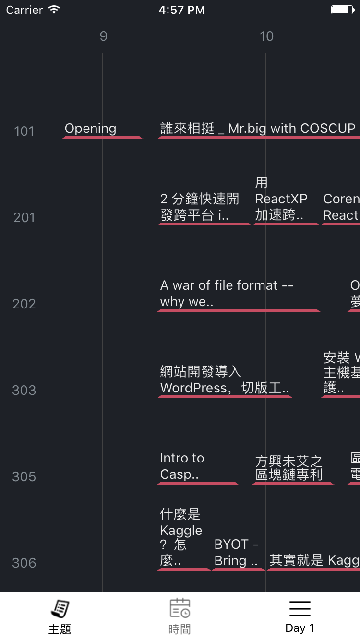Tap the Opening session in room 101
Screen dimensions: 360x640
[x=91, y=129]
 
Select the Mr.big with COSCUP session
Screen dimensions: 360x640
[x=258, y=129]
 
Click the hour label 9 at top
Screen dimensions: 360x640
[x=103, y=36]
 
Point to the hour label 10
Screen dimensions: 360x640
[x=266, y=36]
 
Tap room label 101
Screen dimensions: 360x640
[x=24, y=131]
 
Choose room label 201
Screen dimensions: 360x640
[x=24, y=217]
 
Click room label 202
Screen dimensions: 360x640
[x=24, y=304]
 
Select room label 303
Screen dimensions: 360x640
[x=24, y=390]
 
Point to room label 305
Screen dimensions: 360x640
[x=24, y=476]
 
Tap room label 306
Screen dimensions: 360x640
[x=24, y=563]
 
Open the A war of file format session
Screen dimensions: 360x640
[x=227, y=293]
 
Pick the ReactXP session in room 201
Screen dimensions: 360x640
[x=281, y=199]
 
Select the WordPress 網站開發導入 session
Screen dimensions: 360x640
[x=225, y=379]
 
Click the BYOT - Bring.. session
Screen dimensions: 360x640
[x=237, y=553]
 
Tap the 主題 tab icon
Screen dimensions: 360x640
[x=60, y=609]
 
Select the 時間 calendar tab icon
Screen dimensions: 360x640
[x=180, y=609]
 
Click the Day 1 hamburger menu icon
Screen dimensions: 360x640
[x=300, y=609]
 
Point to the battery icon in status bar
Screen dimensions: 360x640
[x=342, y=10]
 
